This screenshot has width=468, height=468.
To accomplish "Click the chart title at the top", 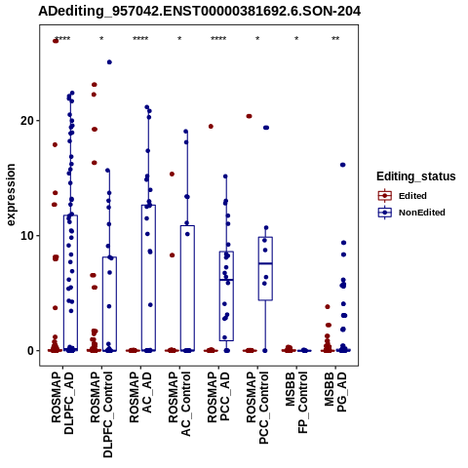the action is [199, 11].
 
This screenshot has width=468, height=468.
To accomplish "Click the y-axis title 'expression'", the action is [11, 195].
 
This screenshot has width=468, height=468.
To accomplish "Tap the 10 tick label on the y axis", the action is [27, 236].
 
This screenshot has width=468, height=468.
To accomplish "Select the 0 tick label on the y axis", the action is [30, 351].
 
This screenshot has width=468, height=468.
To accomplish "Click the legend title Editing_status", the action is [416, 176].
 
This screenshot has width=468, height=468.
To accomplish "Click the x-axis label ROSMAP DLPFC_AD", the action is [62, 404].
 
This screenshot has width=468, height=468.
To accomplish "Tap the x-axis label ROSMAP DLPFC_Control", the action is [101, 414].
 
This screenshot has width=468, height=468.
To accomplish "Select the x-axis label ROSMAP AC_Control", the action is [179, 404].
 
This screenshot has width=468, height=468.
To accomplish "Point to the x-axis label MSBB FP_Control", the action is [296, 403].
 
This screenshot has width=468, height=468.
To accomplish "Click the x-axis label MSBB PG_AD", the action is [335, 392].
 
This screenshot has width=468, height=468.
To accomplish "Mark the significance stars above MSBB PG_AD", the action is [335, 38].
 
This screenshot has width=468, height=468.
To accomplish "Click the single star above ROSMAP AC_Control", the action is [179, 38].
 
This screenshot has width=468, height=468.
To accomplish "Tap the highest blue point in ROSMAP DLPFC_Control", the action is [109, 62].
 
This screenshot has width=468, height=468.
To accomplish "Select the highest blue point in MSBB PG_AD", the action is [342, 165].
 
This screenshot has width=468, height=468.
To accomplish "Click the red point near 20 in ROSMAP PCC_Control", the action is [249, 116].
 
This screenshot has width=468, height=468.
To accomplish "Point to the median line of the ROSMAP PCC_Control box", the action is [265, 263].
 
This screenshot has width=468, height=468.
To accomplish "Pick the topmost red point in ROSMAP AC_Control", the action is [172, 174].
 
